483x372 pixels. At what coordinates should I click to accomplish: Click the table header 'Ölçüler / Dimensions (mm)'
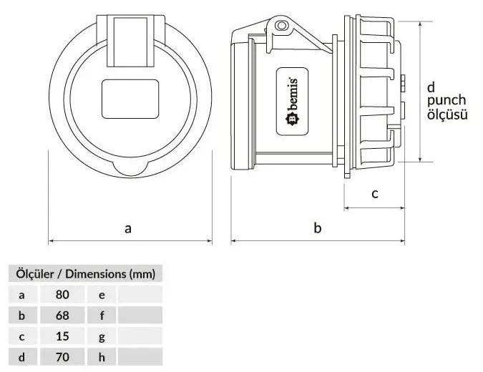[85, 273]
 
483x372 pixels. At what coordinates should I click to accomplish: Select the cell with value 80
[62, 295]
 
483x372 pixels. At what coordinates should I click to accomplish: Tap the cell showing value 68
[62, 315]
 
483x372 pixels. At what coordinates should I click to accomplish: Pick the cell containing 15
[62, 336]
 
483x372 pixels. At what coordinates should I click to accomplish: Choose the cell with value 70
[62, 357]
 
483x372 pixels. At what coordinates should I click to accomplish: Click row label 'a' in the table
[21, 295]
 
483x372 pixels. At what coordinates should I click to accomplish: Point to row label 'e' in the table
[102, 295]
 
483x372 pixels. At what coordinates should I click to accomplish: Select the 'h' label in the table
[102, 357]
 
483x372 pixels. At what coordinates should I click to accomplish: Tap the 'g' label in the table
[102, 336]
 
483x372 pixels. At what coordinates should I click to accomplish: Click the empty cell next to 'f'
[140, 315]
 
